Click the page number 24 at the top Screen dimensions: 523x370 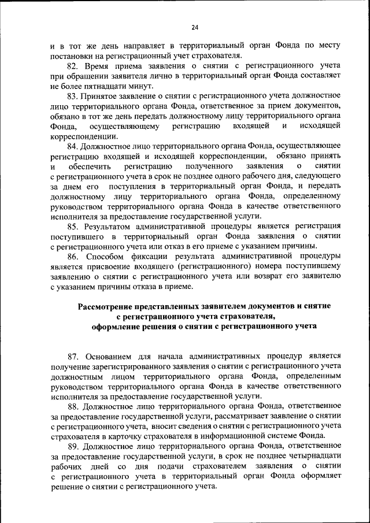click(x=195, y=27)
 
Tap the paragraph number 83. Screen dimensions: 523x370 click(x=73, y=95)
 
